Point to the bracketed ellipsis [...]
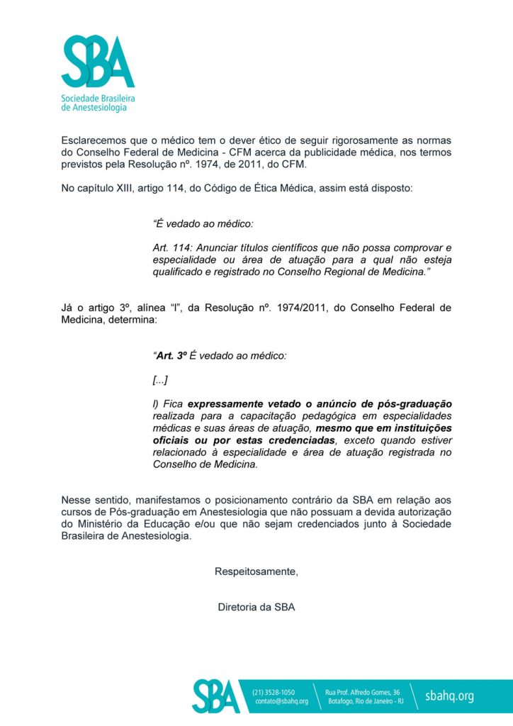click(160, 381)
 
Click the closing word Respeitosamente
click(256, 572)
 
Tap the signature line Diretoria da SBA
click(256, 608)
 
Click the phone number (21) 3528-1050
click(274, 691)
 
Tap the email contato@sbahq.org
click(281, 701)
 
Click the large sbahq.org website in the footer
click(449, 696)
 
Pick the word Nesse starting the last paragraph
click(76, 501)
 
